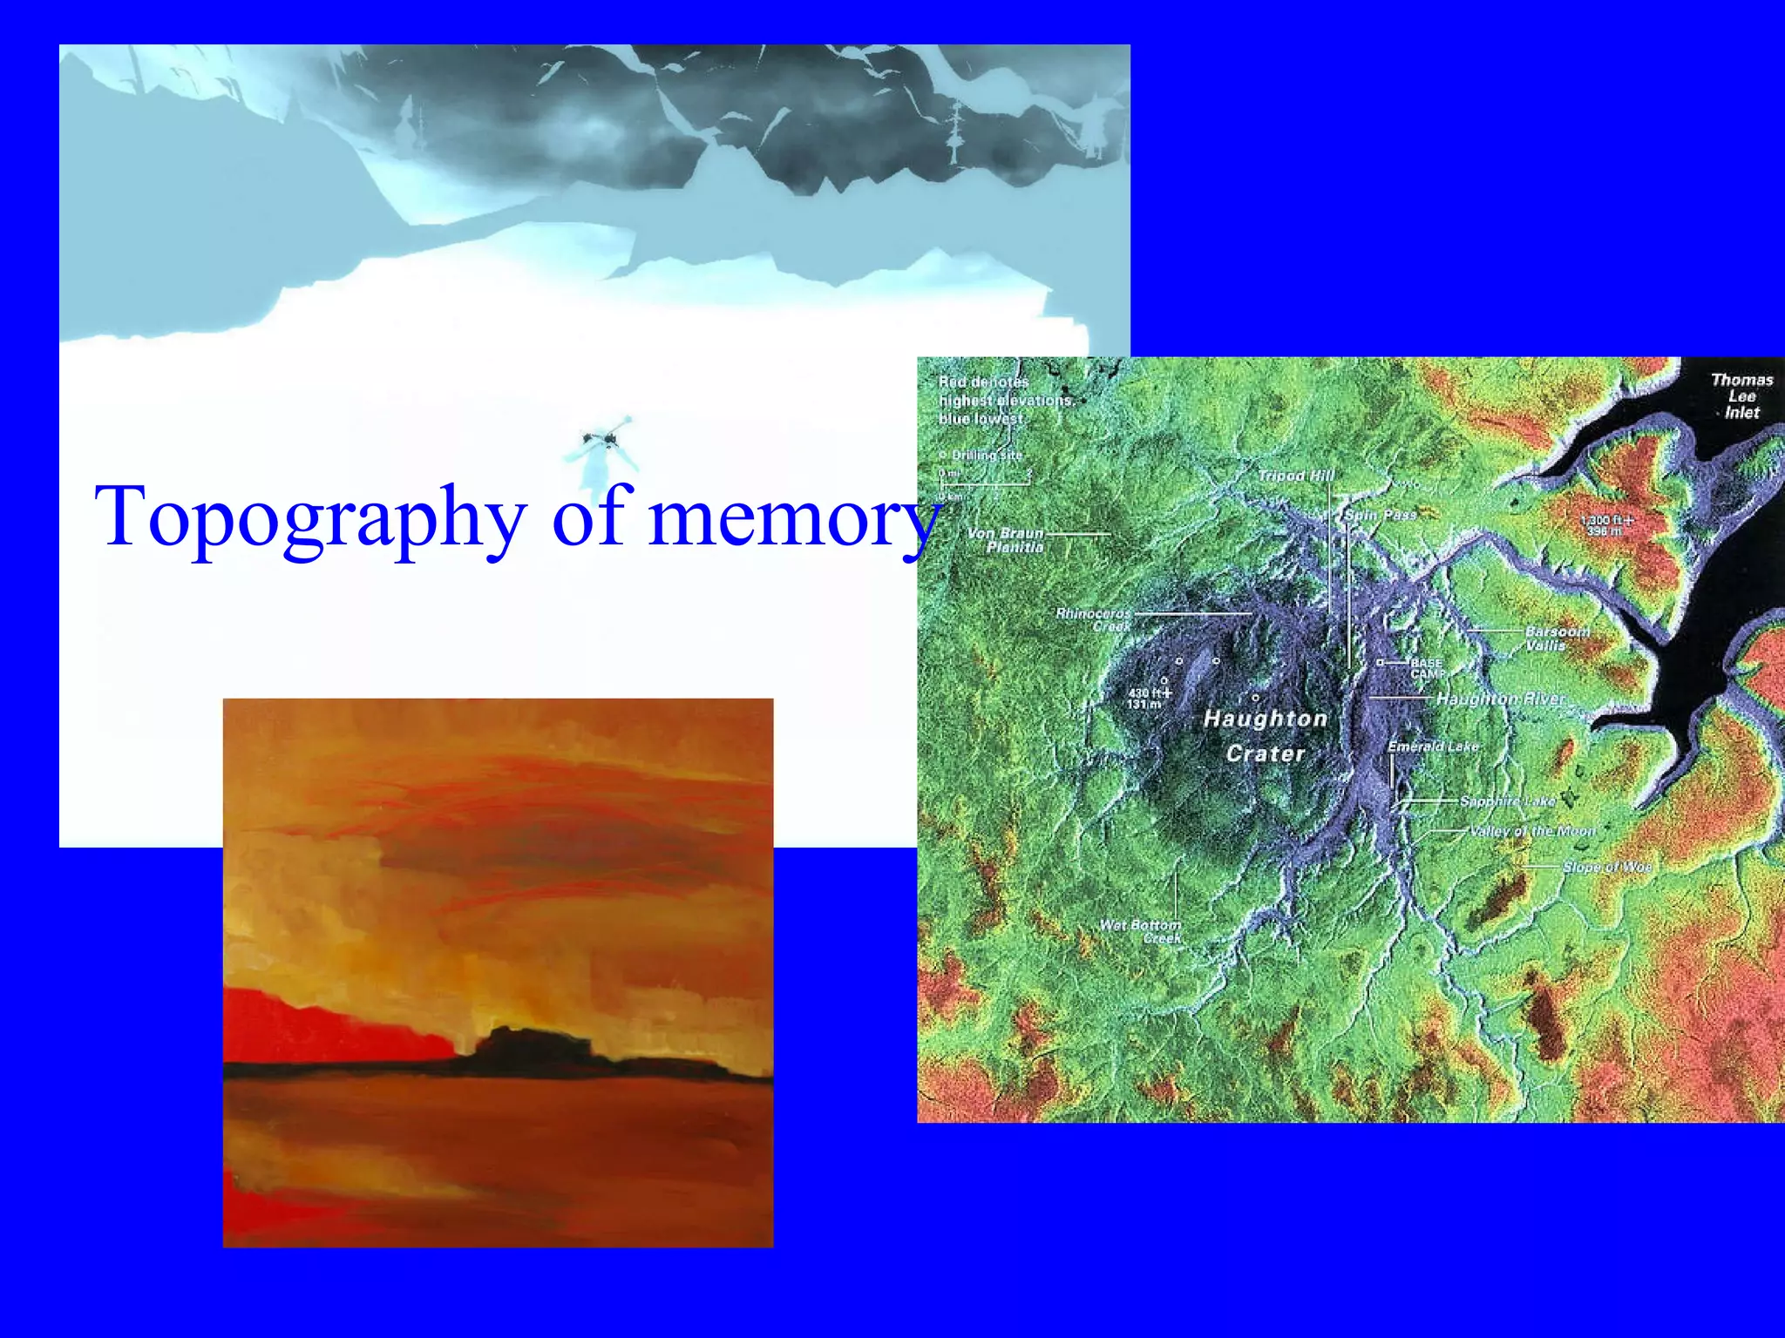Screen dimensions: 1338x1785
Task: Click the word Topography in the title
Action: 310,518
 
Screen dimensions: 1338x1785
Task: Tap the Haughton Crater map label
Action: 1266,736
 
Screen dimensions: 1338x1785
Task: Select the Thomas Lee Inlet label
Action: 1741,396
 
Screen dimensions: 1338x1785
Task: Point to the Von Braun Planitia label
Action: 1006,540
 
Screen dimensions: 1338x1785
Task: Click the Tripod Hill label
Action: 1296,476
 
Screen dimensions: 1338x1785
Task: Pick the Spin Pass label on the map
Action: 1380,515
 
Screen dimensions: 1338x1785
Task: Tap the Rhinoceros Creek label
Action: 1094,619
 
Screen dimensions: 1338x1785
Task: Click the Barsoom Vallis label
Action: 1557,638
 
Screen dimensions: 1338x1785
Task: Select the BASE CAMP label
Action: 1427,668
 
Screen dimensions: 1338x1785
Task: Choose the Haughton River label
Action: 1500,699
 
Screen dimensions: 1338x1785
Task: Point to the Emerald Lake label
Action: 1433,747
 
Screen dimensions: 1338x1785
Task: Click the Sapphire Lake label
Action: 1507,801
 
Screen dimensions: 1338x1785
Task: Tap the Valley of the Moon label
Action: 1531,831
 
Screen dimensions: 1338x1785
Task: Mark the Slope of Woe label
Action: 1606,867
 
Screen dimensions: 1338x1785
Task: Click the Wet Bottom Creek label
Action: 1141,931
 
